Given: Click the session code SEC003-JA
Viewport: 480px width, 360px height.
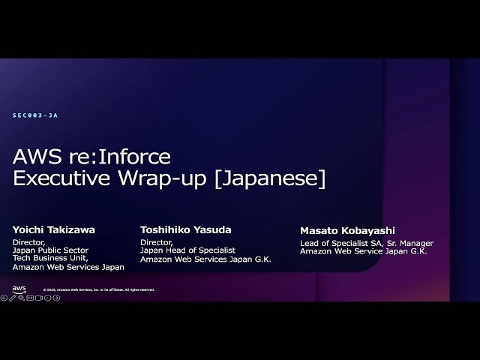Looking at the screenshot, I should click(35, 115).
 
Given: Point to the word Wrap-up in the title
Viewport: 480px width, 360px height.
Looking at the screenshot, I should click(161, 180).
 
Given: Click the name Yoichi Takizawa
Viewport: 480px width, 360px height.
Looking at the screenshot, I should click(54, 229).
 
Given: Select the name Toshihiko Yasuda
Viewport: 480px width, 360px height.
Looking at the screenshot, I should click(185, 229).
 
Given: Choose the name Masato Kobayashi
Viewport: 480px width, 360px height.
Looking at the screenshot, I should click(347, 231).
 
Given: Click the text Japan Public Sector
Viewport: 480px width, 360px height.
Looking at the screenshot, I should click(50, 250).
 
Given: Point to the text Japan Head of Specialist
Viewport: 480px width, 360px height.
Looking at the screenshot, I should click(187, 250).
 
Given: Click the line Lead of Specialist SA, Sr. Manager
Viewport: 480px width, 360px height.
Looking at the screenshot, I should click(367, 243).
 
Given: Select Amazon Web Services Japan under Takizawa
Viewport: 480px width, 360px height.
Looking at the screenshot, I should click(68, 267).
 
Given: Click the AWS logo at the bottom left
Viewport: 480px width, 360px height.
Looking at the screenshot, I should click(19, 289).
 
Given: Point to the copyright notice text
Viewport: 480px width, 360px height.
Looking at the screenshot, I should click(98, 289).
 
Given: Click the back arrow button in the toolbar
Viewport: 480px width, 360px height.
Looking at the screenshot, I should click(4, 298).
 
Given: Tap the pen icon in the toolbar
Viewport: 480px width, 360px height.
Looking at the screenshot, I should click(12, 298).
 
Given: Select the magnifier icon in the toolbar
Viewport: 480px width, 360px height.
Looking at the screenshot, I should click(21, 298).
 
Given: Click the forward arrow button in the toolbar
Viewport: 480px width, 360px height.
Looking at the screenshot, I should click(56, 298).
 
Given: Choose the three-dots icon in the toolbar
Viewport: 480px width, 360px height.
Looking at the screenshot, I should click(47, 298).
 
